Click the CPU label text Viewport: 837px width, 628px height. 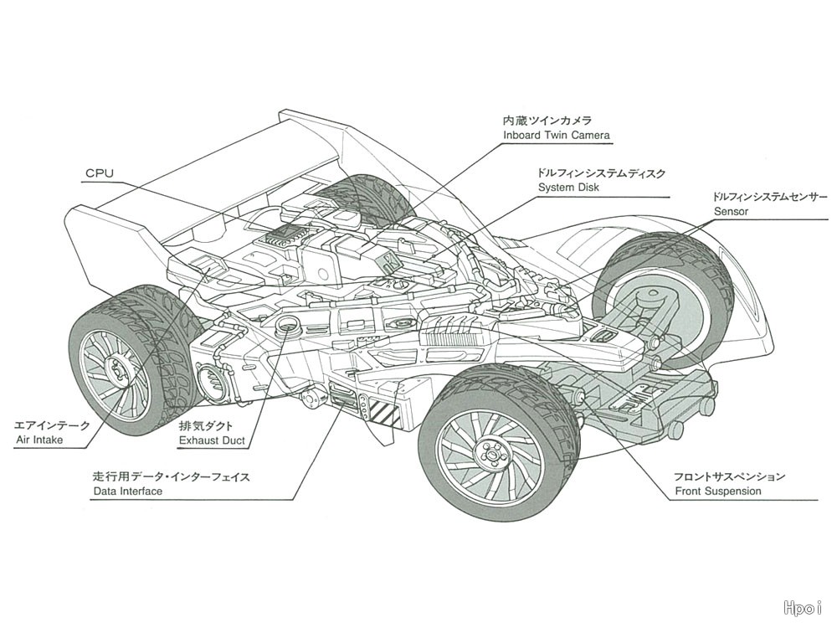(x=99, y=174)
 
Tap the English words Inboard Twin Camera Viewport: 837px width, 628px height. (x=557, y=135)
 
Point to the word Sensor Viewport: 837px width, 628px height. (x=731, y=212)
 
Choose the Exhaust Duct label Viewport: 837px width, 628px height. (x=213, y=440)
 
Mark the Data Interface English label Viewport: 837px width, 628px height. (x=127, y=492)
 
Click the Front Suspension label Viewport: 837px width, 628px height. (x=717, y=492)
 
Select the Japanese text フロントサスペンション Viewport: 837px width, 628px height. (x=729, y=476)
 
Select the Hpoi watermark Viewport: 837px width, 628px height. (x=804, y=608)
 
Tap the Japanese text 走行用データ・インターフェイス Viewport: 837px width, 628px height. (x=171, y=476)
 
